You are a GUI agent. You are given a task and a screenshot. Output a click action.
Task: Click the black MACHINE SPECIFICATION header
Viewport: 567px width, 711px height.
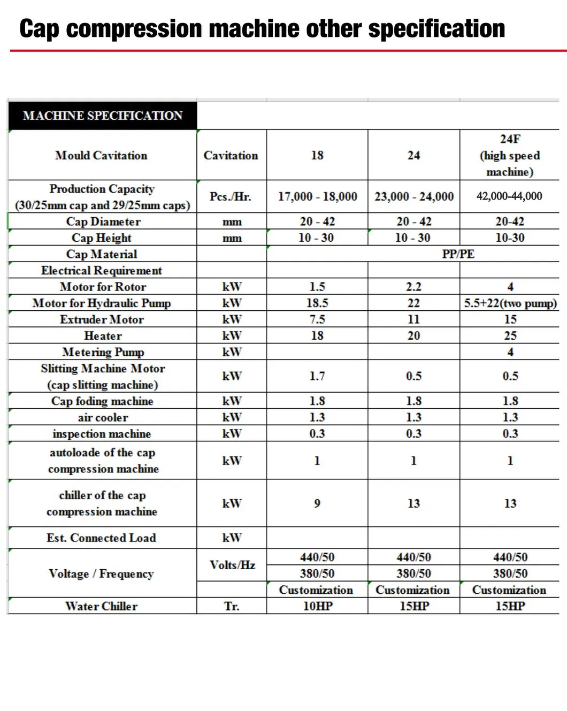tap(103, 116)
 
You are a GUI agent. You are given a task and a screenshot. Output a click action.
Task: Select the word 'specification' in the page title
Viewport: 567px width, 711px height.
tap(436, 29)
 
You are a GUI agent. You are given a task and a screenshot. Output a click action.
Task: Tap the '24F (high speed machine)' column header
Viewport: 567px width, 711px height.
tap(510, 155)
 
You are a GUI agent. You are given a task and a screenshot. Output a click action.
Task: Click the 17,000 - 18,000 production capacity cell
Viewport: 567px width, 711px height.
tap(317, 196)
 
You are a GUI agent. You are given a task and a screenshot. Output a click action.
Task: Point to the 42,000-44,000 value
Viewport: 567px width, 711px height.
tap(509, 196)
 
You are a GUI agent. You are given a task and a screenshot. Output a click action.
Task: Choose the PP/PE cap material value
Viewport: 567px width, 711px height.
tap(458, 254)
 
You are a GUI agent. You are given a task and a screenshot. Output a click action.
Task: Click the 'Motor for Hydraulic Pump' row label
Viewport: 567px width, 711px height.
tap(102, 303)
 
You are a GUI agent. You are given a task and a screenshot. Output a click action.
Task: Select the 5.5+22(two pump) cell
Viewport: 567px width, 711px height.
tap(510, 303)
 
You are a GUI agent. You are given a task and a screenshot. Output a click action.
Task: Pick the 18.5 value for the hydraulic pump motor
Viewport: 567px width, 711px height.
tap(317, 303)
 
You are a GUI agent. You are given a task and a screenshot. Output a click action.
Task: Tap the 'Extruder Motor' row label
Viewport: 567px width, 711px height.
tap(102, 319)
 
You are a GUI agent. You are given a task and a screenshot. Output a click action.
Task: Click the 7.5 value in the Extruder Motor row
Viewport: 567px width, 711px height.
tap(317, 319)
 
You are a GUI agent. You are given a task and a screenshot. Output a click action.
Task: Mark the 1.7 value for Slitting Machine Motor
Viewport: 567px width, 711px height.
tap(317, 376)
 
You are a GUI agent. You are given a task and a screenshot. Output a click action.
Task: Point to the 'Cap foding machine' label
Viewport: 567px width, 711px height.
tap(102, 401)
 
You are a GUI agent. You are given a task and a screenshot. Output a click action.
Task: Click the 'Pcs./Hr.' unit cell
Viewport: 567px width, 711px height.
tap(231, 196)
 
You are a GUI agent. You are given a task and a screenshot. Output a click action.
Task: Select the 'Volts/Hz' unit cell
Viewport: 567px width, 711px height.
tap(232, 565)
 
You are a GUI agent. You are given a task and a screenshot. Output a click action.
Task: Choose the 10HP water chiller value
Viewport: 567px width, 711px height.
tap(318, 606)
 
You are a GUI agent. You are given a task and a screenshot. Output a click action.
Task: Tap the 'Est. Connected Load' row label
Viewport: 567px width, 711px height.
tap(101, 538)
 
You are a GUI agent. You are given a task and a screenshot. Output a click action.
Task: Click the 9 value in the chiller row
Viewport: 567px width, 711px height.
tap(317, 503)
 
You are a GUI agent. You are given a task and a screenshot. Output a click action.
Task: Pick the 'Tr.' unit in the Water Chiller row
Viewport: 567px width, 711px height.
tap(232, 606)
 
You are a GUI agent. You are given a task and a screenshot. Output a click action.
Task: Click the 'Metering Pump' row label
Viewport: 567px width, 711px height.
tap(103, 352)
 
